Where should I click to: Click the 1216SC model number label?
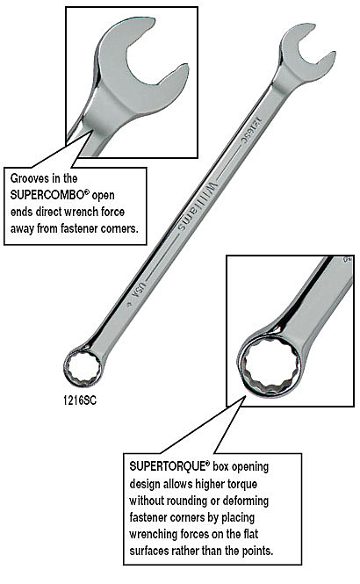click(80, 400)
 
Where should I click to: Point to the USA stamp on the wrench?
click(140, 289)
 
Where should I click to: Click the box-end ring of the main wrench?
click(83, 367)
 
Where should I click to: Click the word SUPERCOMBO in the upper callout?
click(48, 195)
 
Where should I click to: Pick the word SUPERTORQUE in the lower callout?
click(168, 466)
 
